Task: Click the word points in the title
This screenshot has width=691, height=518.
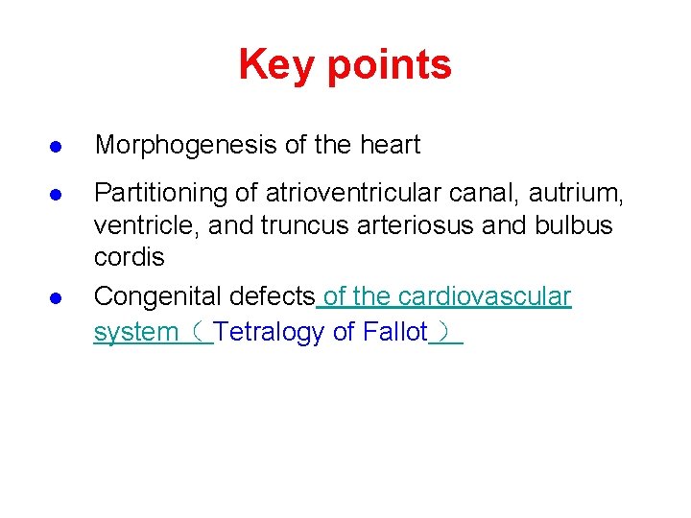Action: coord(389,65)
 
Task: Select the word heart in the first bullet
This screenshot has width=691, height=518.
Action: coord(390,146)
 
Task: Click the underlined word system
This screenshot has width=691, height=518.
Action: coord(135,333)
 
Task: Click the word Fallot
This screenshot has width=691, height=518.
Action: coord(393,333)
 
